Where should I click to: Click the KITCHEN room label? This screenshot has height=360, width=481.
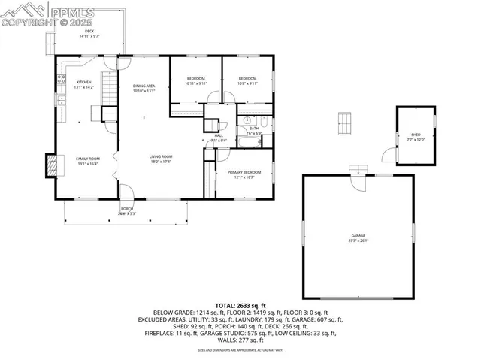tap(83, 82)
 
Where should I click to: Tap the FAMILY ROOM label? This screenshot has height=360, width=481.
tap(88, 159)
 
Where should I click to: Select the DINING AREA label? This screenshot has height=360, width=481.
tap(144, 86)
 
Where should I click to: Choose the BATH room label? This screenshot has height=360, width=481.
tap(254, 129)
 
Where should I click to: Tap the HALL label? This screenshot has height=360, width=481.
tap(219, 135)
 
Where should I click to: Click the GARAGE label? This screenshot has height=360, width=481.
tap(358, 236)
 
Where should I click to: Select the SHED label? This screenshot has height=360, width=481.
tap(416, 135)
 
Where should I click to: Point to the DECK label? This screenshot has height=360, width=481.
tap(89, 31)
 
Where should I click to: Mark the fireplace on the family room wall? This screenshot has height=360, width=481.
tap(51, 165)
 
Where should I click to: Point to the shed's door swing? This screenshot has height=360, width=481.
tap(387, 155)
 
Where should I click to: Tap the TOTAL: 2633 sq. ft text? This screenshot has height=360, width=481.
tap(240, 305)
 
